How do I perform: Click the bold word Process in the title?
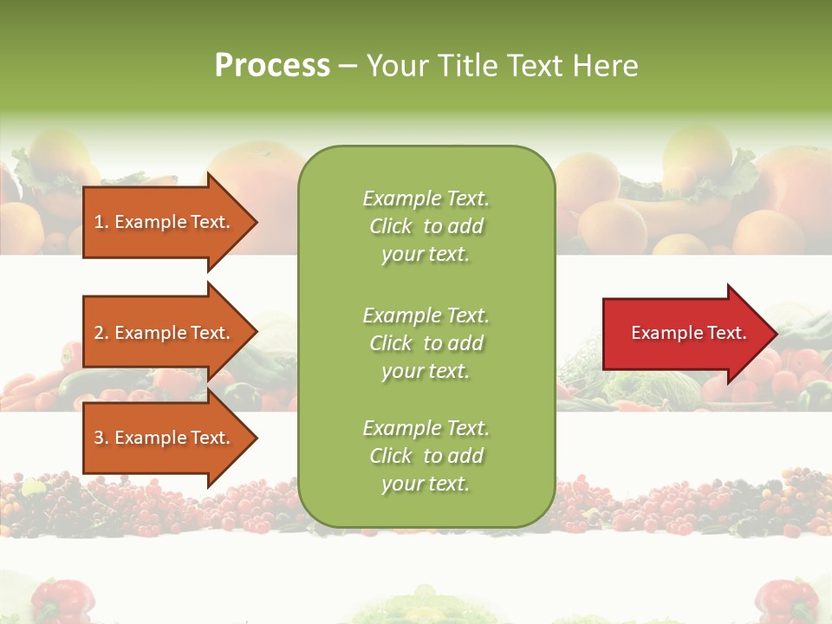(x=272, y=66)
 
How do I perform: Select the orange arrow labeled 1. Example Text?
(x=161, y=222)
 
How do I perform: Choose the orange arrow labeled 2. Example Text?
(x=161, y=333)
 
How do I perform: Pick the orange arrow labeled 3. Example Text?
(x=161, y=438)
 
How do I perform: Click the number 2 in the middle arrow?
(x=99, y=334)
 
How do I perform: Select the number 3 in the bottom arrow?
(x=99, y=439)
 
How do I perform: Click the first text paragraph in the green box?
(x=426, y=226)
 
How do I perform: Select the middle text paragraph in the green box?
(x=426, y=343)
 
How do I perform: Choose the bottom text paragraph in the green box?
(x=426, y=456)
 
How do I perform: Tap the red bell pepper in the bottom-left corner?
(x=61, y=600)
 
